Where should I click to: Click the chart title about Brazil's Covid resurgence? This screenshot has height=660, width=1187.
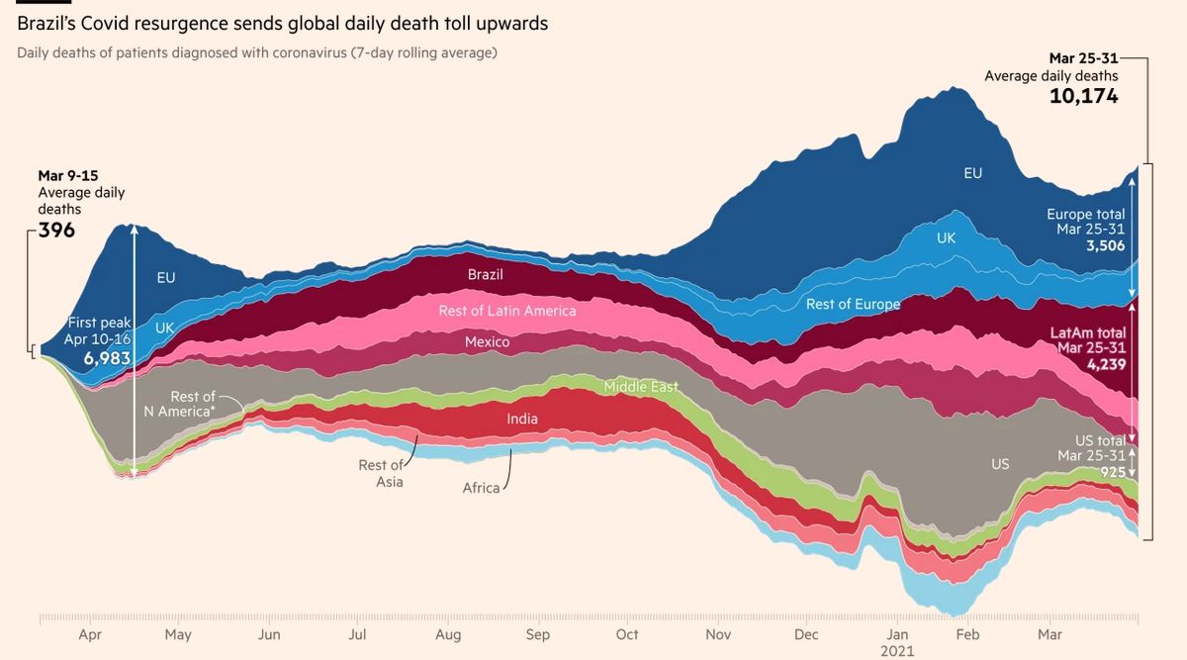tap(282, 22)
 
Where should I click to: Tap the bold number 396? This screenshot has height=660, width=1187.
tap(57, 231)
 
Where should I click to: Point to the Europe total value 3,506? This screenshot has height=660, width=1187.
tap(1105, 245)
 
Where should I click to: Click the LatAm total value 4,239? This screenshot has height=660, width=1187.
tap(1105, 364)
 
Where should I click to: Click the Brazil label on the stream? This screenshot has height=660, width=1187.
tap(485, 274)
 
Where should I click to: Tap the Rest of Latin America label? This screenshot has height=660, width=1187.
tap(506, 311)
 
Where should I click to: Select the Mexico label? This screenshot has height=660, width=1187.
tap(487, 342)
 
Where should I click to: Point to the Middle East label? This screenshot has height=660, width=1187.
tap(641, 387)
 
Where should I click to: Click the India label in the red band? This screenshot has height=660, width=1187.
tap(522, 419)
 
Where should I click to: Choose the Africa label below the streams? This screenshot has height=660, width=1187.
tap(481, 488)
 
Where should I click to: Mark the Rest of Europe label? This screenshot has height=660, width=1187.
tap(853, 304)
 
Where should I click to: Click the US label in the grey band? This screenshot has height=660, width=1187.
tap(1000, 463)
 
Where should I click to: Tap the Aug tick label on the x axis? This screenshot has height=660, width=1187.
tap(448, 634)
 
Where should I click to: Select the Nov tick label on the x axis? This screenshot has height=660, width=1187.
tap(717, 634)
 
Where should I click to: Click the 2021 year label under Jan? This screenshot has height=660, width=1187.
tap(897, 651)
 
